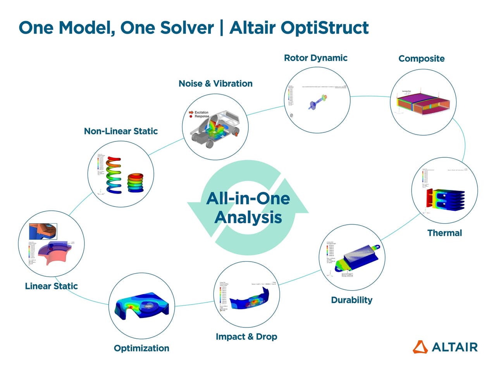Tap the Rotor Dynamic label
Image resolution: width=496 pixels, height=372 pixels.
click(315, 58)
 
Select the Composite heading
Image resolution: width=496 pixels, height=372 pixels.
click(421, 59)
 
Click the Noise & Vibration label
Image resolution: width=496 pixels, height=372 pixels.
click(215, 84)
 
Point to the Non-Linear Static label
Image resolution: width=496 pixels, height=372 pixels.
click(121, 131)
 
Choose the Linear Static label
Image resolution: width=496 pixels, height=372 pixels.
click(51, 286)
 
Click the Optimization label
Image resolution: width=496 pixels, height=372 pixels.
click(141, 348)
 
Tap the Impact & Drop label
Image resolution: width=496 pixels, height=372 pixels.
click(246, 337)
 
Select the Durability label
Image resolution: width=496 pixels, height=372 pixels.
click(351, 300)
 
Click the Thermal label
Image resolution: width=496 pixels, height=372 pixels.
click(444, 233)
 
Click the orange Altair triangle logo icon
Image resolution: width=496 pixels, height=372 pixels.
click(420, 347)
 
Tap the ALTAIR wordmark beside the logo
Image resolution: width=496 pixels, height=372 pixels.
click(455, 347)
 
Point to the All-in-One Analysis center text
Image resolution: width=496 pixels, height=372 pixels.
click(248, 208)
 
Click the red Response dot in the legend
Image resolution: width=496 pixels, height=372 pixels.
click(191, 116)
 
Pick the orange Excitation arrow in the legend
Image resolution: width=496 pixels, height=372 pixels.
click(191, 112)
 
